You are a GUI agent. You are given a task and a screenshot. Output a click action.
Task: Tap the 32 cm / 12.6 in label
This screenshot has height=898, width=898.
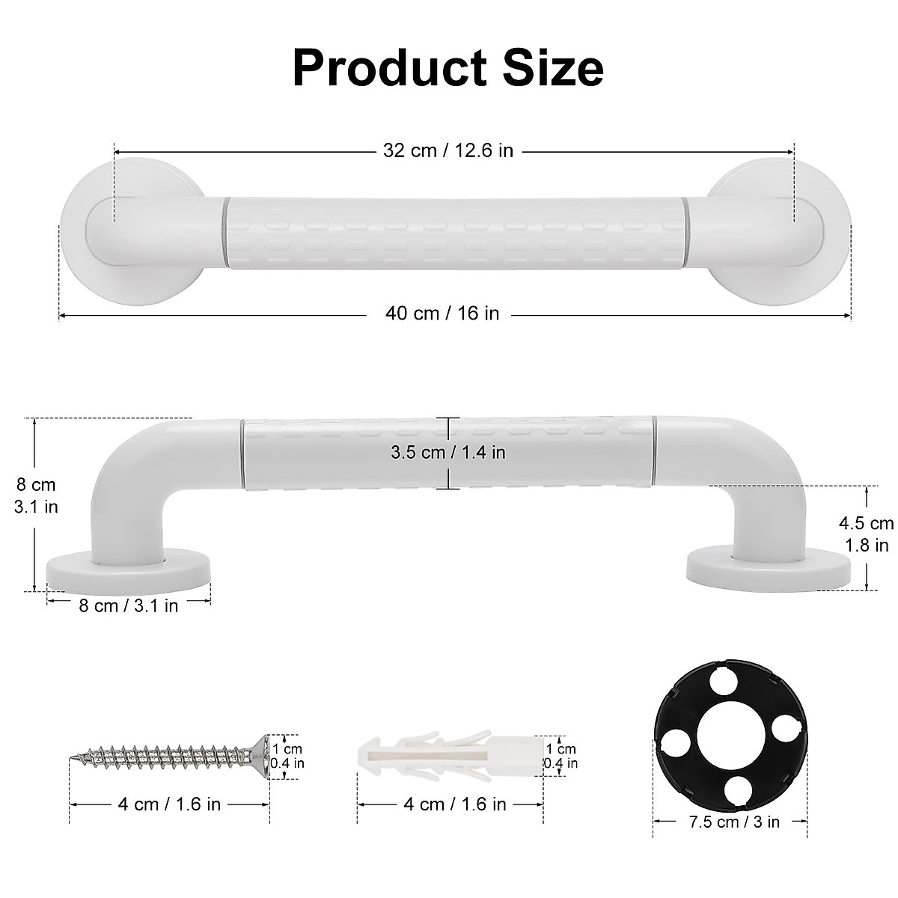click(x=448, y=150)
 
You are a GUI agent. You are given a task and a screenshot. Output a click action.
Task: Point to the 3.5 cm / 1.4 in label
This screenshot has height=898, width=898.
click(x=448, y=453)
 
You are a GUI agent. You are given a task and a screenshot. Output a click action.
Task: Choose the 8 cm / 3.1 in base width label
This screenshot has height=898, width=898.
click(x=129, y=605)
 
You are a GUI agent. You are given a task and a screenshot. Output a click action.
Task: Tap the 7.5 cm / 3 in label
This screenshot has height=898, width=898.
click(x=731, y=822)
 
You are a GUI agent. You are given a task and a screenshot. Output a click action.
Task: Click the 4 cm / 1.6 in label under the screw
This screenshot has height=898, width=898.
click(x=169, y=804)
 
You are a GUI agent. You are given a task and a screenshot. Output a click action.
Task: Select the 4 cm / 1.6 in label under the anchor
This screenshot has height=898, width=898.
click(x=454, y=804)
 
